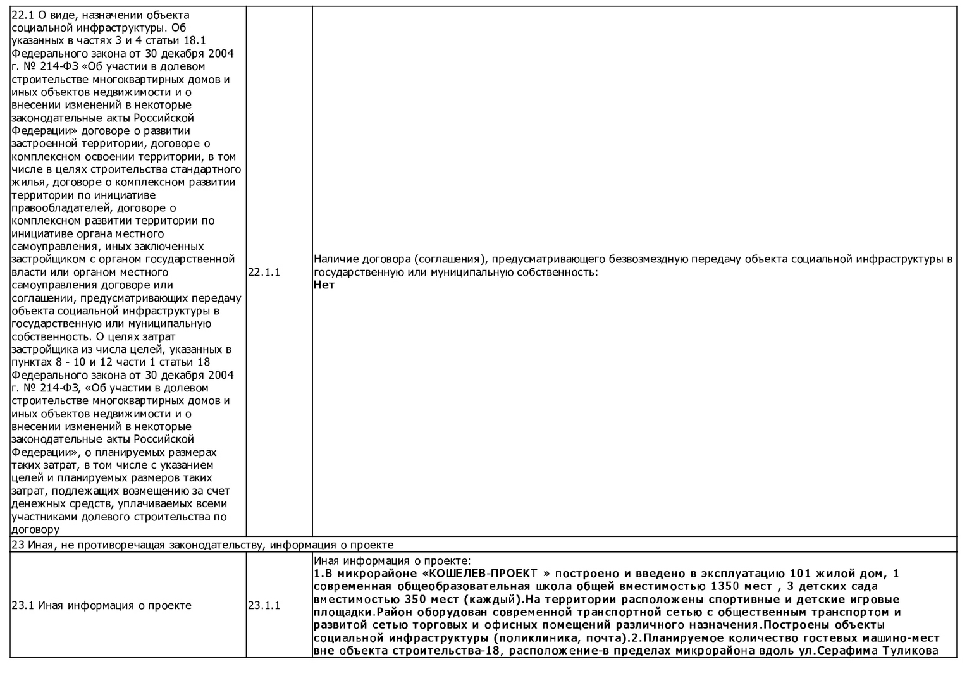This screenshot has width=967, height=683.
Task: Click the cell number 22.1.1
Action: [264, 272]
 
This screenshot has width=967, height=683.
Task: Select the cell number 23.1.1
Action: [264, 605]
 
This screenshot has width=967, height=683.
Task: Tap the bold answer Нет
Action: [324, 285]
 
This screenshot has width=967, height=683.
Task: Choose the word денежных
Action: [36, 504]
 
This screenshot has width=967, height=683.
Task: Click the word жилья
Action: [26, 182]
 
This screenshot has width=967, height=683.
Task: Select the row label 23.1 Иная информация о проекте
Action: [101, 605]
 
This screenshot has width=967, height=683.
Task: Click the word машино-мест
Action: [904, 638]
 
